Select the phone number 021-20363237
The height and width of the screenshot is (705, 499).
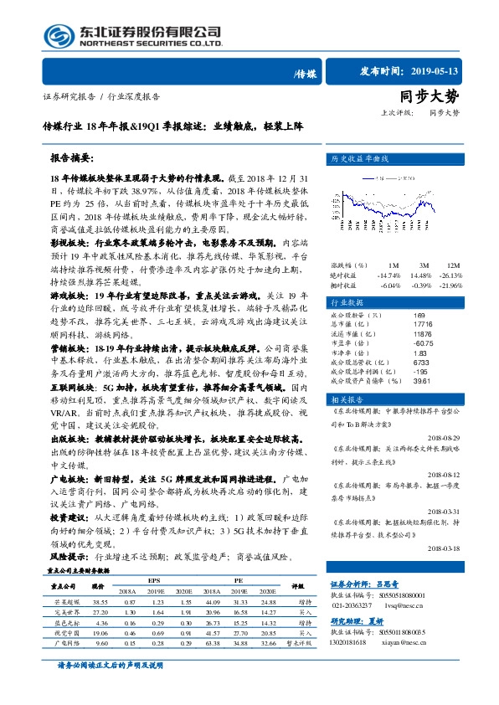click(354, 607)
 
